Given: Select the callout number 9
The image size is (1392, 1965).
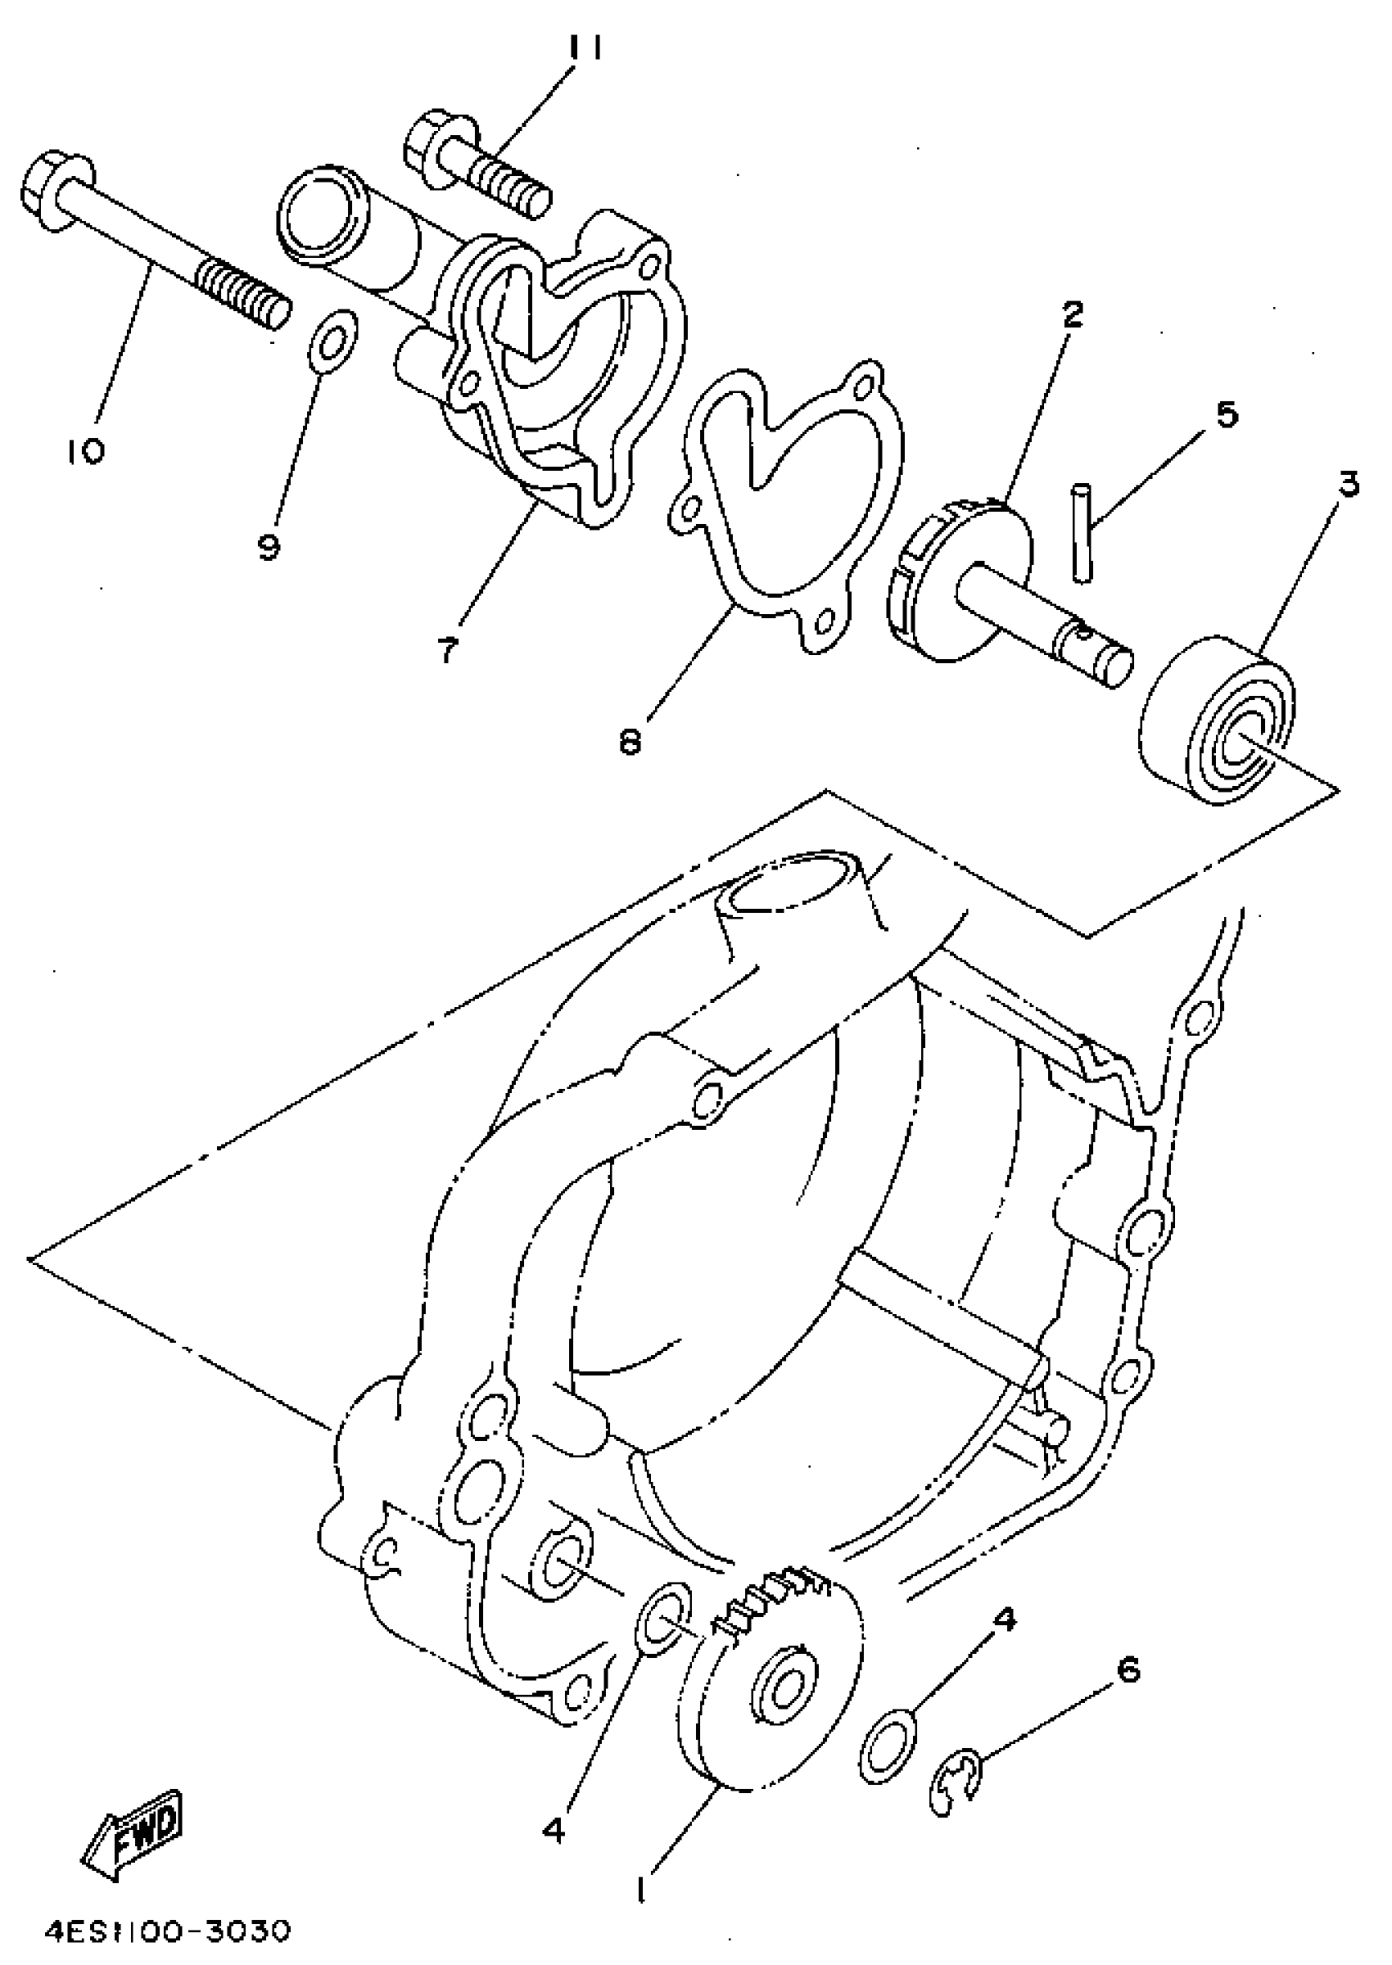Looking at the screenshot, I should [x=269, y=546].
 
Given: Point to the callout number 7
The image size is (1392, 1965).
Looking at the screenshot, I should [x=447, y=649].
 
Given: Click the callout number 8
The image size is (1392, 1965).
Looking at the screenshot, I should [x=630, y=742].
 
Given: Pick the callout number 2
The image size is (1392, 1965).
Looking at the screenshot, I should [x=1071, y=316].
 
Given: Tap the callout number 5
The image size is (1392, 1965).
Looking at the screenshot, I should [x=1227, y=416].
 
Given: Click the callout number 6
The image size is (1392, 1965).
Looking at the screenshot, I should [x=1129, y=1669].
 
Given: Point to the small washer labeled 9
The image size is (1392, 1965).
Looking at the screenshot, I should [x=332, y=342].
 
